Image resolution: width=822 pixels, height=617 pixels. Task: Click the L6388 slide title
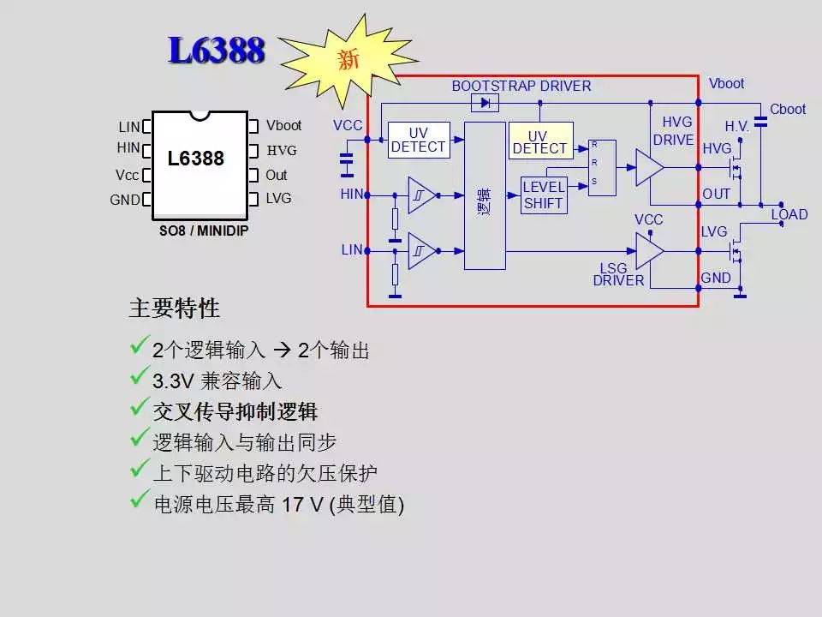[217, 51]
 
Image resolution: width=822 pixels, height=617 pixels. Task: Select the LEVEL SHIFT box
[544, 195]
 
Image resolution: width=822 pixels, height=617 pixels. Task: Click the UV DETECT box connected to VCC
[418, 140]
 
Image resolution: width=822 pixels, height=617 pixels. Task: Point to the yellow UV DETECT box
[539, 141]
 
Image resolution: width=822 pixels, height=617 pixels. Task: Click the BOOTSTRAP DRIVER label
[521, 86]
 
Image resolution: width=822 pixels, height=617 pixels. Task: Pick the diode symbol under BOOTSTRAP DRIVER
[486, 103]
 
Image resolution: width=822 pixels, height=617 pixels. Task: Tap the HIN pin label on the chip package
[128, 148]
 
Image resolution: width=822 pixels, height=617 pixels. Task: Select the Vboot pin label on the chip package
[283, 125]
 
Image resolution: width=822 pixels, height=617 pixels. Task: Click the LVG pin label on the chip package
[278, 198]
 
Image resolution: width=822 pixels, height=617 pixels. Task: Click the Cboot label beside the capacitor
[788, 109]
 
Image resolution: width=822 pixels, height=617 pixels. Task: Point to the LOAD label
[789, 214]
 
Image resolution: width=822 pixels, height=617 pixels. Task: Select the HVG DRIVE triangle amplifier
[649, 167]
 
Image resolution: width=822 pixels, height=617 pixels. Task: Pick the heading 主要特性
[175, 308]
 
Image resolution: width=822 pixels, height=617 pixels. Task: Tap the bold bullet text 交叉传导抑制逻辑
[235, 411]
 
